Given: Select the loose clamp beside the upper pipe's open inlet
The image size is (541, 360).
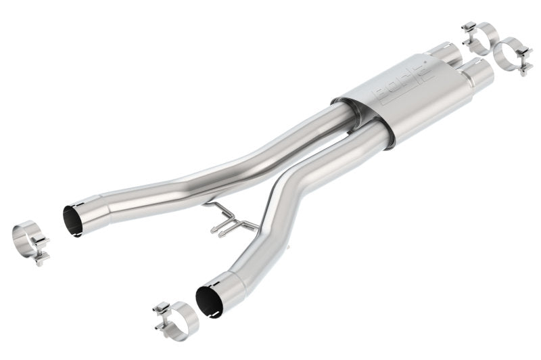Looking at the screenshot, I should pyautogui.click(x=31, y=240).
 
